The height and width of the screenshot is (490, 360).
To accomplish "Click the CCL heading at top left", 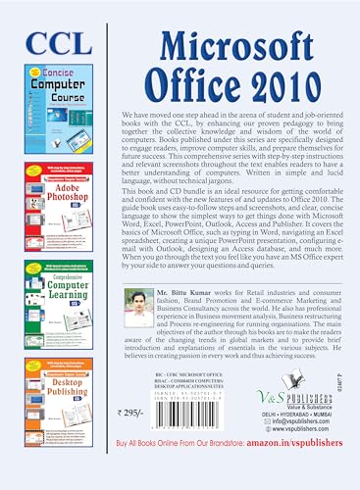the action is (x=51, y=42).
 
